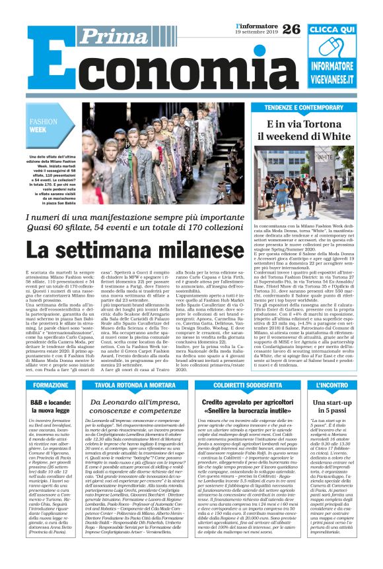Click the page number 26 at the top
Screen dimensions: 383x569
point(291,29)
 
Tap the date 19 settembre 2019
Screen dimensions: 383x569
point(258,32)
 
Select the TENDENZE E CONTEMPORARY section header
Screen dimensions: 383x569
point(304,107)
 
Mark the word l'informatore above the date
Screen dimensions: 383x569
point(256,25)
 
